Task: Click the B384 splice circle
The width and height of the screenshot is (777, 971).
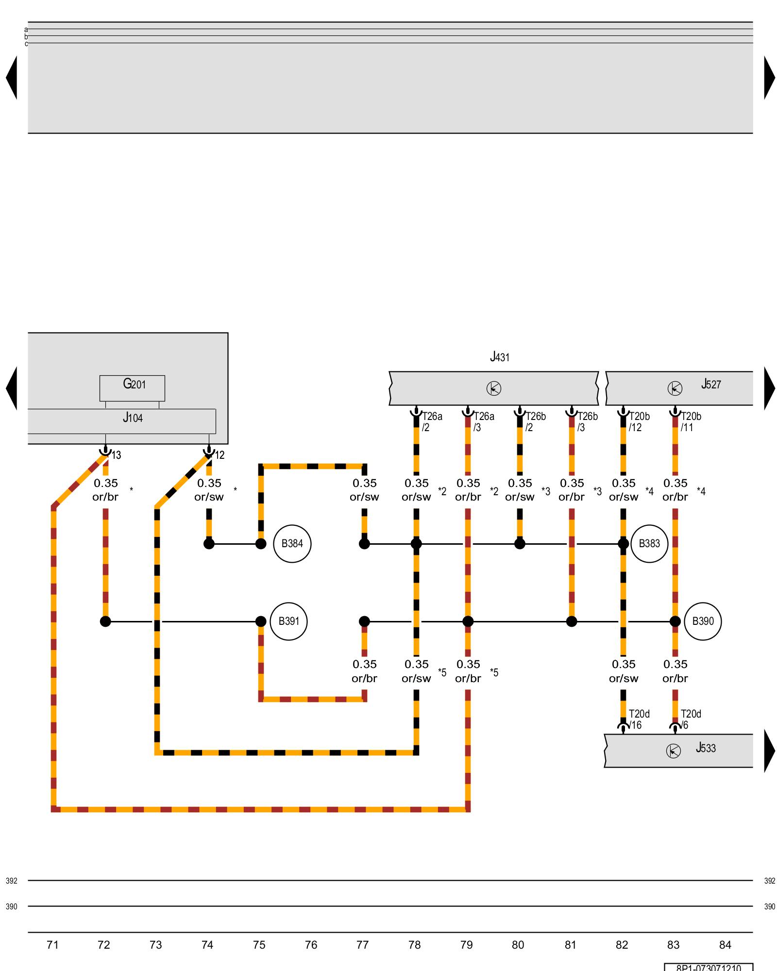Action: [x=292, y=544]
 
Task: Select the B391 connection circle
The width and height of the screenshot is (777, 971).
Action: [x=288, y=621]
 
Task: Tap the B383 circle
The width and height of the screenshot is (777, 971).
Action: [x=649, y=544]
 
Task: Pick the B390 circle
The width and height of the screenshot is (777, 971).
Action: [x=703, y=621]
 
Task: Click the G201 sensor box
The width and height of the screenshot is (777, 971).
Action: [x=132, y=388]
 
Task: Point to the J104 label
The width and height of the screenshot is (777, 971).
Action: [x=133, y=418]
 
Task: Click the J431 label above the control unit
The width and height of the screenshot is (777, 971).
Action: [x=500, y=357]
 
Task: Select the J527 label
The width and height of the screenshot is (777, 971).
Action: [x=711, y=385]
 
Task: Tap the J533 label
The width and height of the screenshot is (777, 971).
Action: [x=706, y=748]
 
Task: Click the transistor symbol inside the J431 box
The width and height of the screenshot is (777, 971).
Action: [x=494, y=388]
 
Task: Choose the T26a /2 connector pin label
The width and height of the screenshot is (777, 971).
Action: [x=432, y=422]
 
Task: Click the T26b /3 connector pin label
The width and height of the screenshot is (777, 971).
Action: [x=587, y=422]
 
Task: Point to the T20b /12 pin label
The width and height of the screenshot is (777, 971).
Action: [x=639, y=422]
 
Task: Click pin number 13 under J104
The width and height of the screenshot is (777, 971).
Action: [x=117, y=455]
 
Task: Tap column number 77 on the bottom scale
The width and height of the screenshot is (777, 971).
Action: [x=362, y=945]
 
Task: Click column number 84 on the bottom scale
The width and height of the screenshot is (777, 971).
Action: [x=725, y=945]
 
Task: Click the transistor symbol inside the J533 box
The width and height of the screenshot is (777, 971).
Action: [x=673, y=751]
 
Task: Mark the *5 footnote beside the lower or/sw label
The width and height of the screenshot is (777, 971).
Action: [x=442, y=672]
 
